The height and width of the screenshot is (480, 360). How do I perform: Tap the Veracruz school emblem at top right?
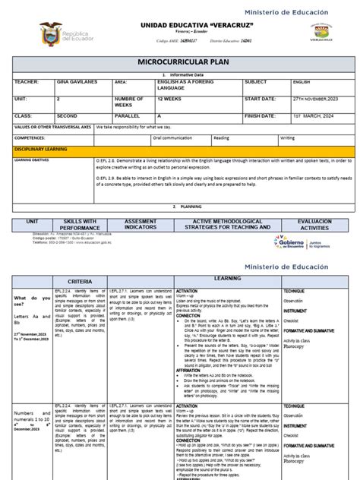click(322, 33)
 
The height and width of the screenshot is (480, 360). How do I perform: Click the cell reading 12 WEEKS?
click(172, 98)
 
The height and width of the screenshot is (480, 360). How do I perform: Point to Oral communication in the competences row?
click(174, 138)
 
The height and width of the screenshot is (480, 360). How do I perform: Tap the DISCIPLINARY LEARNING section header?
click(38, 150)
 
